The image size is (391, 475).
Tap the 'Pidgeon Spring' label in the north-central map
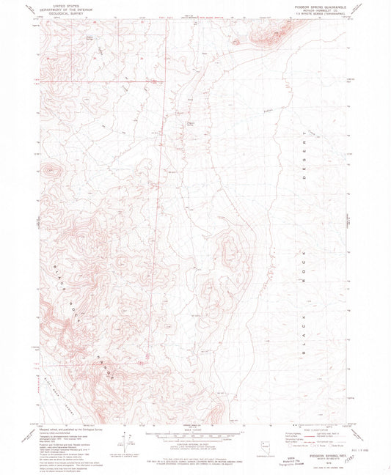191,122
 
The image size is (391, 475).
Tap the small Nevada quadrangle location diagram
266,445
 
